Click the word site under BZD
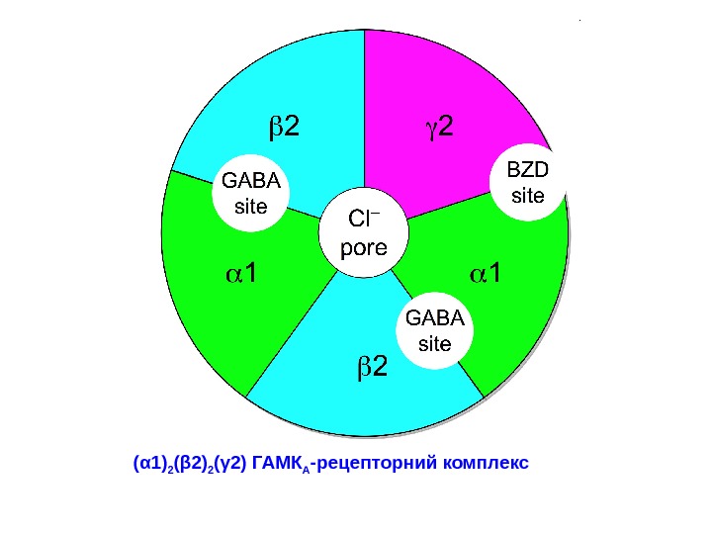526,196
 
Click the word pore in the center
363,247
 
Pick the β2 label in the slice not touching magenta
372,369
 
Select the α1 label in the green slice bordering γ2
485,274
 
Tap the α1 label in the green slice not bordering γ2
237,272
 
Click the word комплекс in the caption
487,462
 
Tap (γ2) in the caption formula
230,462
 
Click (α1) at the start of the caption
148,462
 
